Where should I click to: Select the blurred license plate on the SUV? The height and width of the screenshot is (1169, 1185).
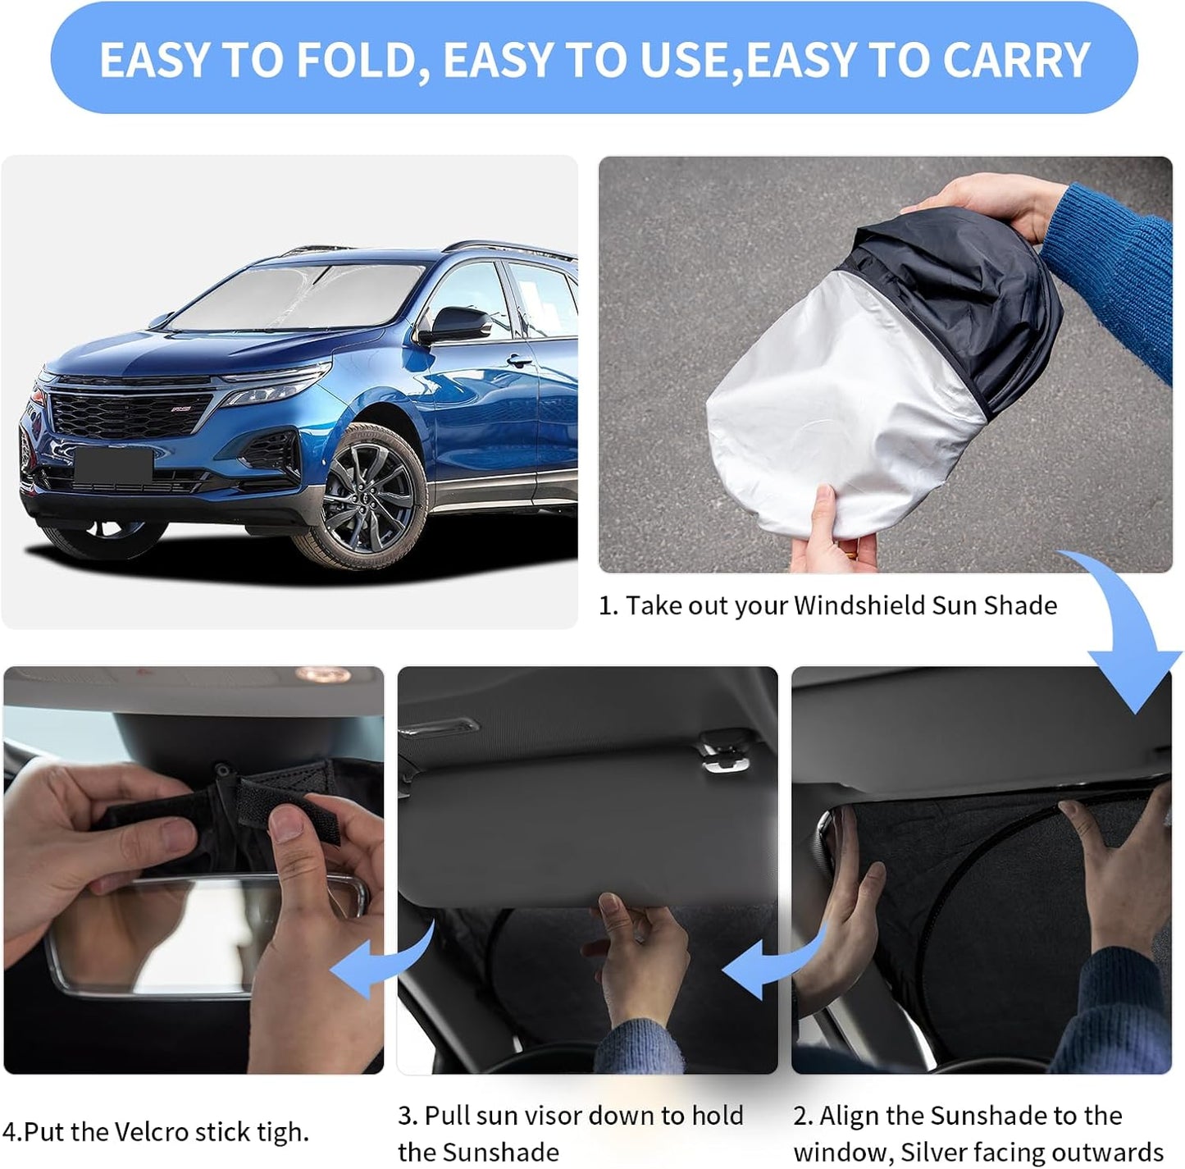pyautogui.click(x=113, y=465)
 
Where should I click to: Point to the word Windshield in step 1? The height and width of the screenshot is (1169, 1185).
pyautogui.click(x=860, y=605)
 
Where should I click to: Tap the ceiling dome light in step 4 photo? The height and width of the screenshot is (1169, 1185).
pyautogui.click(x=324, y=675)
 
